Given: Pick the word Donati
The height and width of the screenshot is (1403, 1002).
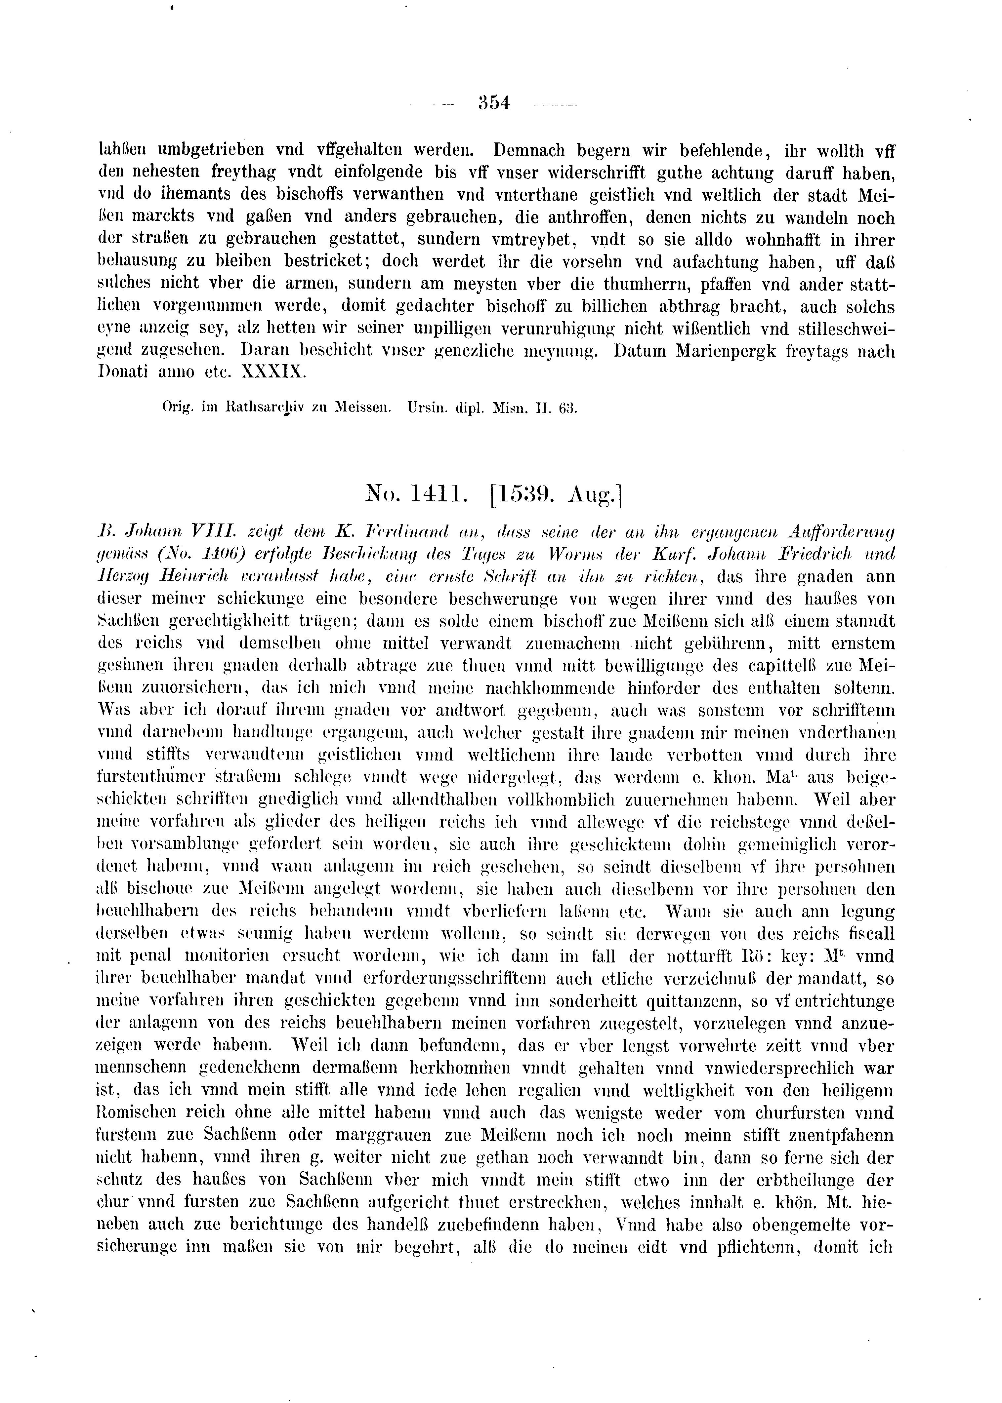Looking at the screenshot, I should (x=122, y=373).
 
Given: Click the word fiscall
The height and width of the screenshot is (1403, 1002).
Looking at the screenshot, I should (x=864, y=934).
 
